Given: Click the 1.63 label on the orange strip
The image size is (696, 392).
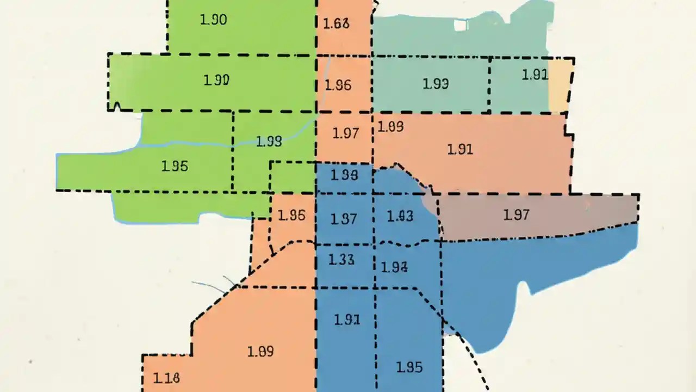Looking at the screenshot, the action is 336,24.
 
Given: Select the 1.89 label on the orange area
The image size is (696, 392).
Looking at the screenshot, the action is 260,352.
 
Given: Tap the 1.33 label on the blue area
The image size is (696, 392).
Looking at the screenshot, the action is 341,260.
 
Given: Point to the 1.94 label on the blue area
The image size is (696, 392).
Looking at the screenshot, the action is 394,267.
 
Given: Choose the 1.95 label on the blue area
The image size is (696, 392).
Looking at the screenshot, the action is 409,367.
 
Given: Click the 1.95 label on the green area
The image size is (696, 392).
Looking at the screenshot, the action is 175,166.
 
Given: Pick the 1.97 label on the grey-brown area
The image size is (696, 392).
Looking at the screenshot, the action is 516,215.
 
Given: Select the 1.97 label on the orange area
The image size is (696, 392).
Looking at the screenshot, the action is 345,133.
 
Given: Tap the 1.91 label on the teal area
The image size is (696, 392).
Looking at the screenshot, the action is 535,75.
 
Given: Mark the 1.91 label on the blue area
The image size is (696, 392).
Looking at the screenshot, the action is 347,320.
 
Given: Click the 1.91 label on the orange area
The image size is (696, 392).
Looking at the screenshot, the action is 460,149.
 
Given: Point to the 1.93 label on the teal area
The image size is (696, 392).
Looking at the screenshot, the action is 435,84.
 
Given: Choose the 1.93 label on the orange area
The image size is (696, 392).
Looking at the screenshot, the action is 390,127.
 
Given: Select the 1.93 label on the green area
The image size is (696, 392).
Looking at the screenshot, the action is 269,142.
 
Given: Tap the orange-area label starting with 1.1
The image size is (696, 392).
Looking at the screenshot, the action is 166,377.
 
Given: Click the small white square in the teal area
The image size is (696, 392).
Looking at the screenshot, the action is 461,24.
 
